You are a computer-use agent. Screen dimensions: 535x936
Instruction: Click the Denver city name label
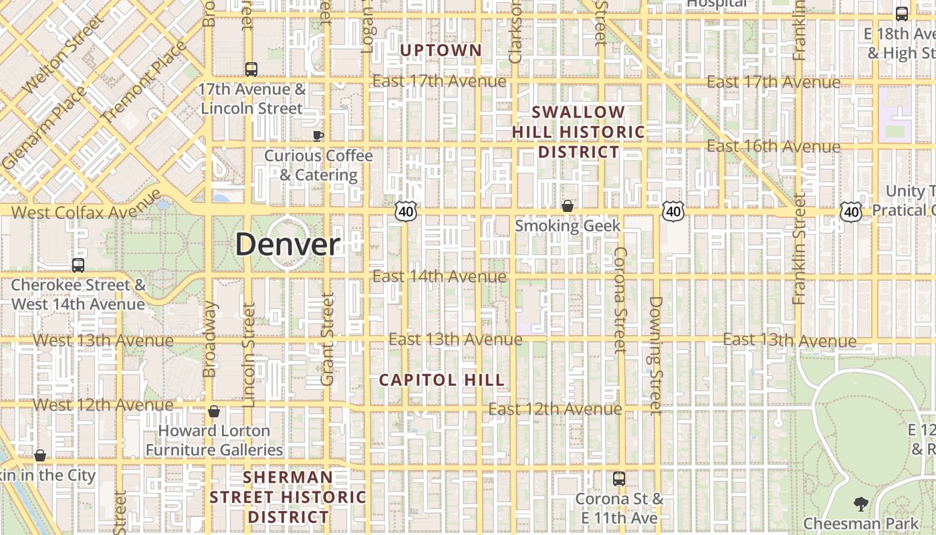pos(287,244)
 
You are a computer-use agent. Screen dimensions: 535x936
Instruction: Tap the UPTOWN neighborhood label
pos(441,50)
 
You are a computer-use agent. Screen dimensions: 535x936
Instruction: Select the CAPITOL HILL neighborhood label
pos(441,380)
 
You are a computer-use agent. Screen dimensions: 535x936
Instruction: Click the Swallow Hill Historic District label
pos(578,132)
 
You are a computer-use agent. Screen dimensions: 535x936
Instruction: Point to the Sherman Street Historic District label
pos(288,497)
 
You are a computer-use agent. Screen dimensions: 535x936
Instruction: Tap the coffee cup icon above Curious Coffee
pos(318,136)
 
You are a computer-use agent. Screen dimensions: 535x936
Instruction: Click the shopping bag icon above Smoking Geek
pos(568,206)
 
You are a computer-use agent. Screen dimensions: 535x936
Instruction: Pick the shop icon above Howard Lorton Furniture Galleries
pos(214,411)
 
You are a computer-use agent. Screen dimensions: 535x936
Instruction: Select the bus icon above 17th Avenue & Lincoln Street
pos(251,69)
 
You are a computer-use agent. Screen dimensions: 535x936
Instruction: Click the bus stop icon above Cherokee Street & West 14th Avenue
pos(78,265)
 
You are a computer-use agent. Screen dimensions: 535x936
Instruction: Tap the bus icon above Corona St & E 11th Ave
pos(619,479)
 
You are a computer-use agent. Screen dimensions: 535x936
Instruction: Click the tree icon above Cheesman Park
pos(860,504)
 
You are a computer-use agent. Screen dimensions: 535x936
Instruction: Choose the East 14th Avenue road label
pos(439,276)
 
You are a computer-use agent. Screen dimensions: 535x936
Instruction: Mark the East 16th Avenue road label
pos(774,146)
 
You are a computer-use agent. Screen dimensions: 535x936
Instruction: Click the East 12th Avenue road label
pos(555,409)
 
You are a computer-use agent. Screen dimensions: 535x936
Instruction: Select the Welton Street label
pos(64,53)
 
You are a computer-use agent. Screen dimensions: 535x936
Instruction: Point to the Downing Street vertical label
pos(655,354)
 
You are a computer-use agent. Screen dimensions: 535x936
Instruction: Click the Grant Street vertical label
pos(327,339)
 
